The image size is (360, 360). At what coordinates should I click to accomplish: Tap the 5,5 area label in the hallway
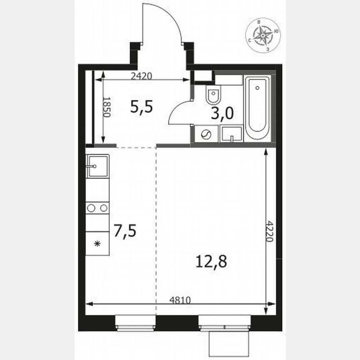tap(142, 107)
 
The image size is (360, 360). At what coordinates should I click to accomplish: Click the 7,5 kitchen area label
tap(125, 230)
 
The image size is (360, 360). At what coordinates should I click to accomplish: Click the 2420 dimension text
tap(142, 76)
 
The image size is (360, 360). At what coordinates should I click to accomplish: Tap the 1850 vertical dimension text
tap(106, 107)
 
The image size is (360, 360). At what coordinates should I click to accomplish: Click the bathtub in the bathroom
tap(257, 107)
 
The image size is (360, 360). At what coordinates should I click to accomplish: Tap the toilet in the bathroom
tap(213, 95)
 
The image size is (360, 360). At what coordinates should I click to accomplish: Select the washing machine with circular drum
tap(206, 134)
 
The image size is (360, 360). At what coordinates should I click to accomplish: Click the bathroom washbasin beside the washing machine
tap(231, 134)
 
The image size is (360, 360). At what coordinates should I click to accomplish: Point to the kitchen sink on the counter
tap(97, 166)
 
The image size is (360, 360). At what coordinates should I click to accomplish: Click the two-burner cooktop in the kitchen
tap(97, 207)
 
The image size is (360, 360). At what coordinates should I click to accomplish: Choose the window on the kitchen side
tap(135, 322)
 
